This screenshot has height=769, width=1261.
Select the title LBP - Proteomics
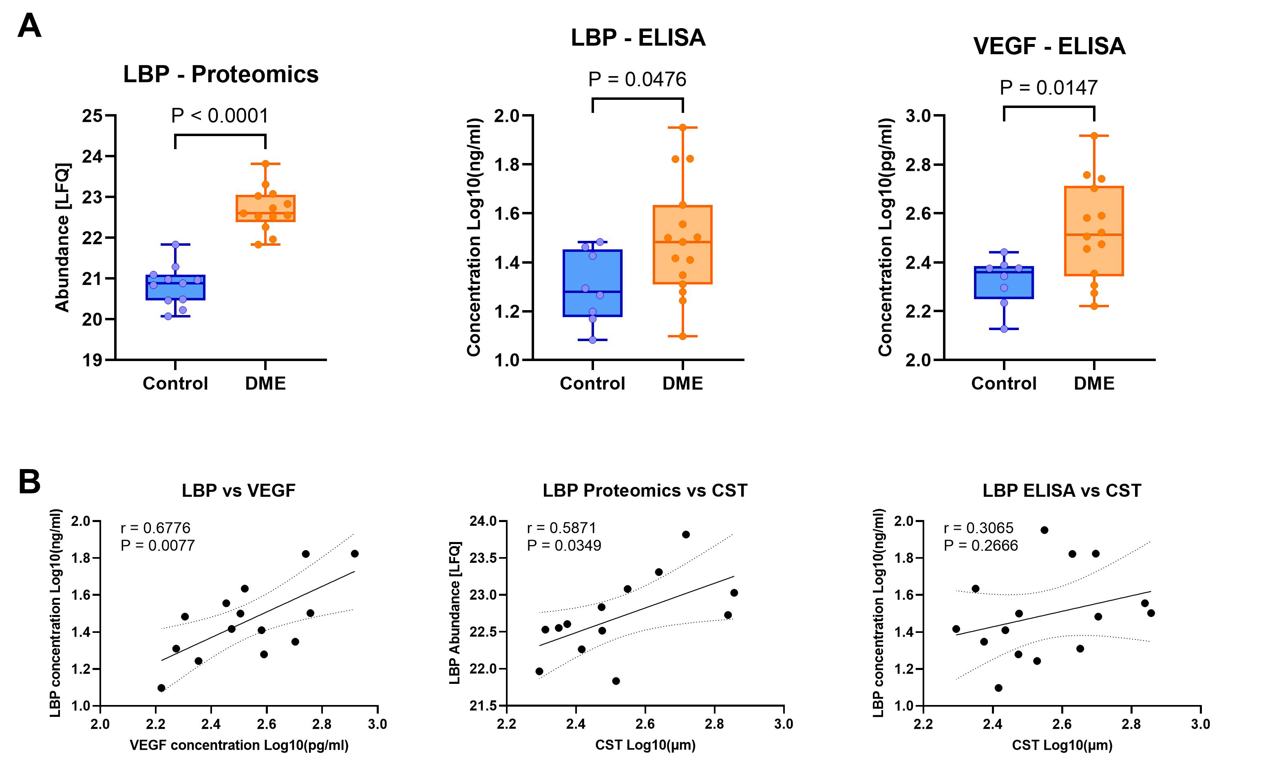click(x=221, y=74)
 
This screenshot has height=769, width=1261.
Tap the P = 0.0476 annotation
click(x=637, y=79)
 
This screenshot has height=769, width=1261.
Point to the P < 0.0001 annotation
click(x=220, y=116)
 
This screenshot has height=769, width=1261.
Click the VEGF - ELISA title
click(x=1049, y=46)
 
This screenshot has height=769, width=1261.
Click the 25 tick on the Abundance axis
click(x=92, y=116)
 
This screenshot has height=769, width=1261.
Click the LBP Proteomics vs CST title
click(x=645, y=490)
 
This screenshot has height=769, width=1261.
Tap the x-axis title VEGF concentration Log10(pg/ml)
click(x=239, y=745)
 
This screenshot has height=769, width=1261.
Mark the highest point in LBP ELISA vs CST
click(x=1045, y=530)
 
